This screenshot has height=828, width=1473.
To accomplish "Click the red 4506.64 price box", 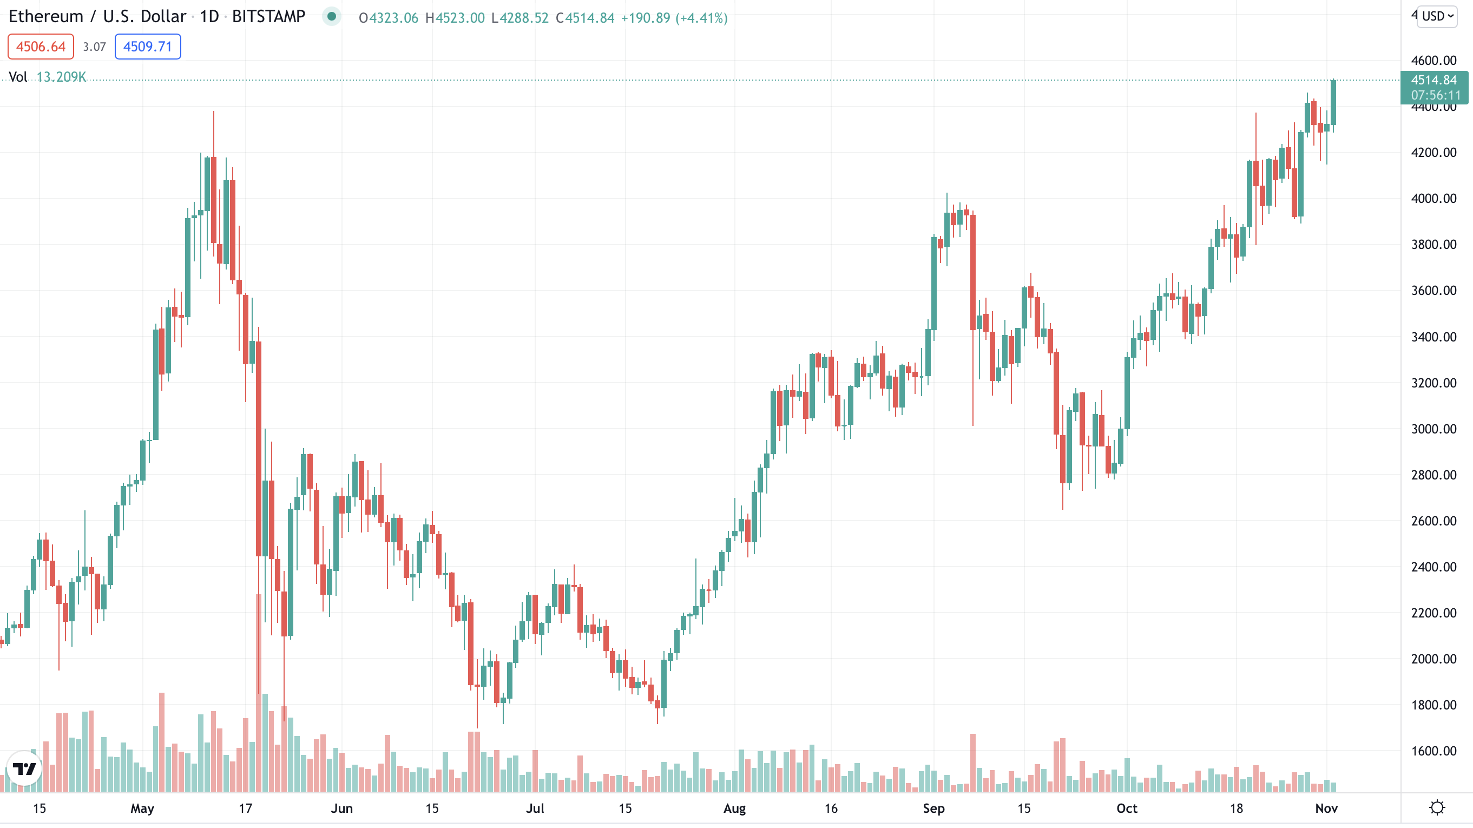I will pyautogui.click(x=41, y=47).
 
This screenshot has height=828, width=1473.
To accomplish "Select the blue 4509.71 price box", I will pyautogui.click(x=148, y=47).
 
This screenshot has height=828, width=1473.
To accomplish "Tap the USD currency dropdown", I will pyautogui.click(x=1437, y=16).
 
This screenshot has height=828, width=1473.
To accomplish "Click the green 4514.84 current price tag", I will pyautogui.click(x=1433, y=80).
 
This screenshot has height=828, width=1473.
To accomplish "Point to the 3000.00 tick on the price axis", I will pyautogui.click(x=1433, y=429).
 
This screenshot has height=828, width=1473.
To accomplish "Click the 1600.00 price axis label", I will pyautogui.click(x=1433, y=751).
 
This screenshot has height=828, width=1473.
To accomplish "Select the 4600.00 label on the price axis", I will pyautogui.click(x=1433, y=60).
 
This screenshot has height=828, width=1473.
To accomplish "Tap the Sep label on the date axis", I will pyautogui.click(x=933, y=808).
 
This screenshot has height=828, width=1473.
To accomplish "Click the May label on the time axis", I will pyautogui.click(x=142, y=808).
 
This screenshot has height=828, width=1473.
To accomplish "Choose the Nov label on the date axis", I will pyautogui.click(x=1326, y=808).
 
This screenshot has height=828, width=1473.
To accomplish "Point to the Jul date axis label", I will pyautogui.click(x=535, y=808).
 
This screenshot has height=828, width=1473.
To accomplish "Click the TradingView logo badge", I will pyautogui.click(x=24, y=768).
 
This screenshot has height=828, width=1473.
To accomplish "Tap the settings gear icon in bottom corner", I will pyautogui.click(x=1437, y=807).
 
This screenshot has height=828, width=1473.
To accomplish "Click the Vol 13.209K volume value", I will pyautogui.click(x=61, y=77).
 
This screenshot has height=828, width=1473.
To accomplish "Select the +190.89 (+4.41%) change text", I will pyautogui.click(x=674, y=18).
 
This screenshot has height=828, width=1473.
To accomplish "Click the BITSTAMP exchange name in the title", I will pyautogui.click(x=268, y=17).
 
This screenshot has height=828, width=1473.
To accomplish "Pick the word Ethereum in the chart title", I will pyautogui.click(x=46, y=17).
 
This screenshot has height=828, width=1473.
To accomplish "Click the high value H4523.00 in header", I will pyautogui.click(x=455, y=18).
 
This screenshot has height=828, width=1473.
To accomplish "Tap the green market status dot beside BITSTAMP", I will pyautogui.click(x=331, y=16).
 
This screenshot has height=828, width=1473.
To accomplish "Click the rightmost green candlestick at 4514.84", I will pyautogui.click(x=1333, y=103).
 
